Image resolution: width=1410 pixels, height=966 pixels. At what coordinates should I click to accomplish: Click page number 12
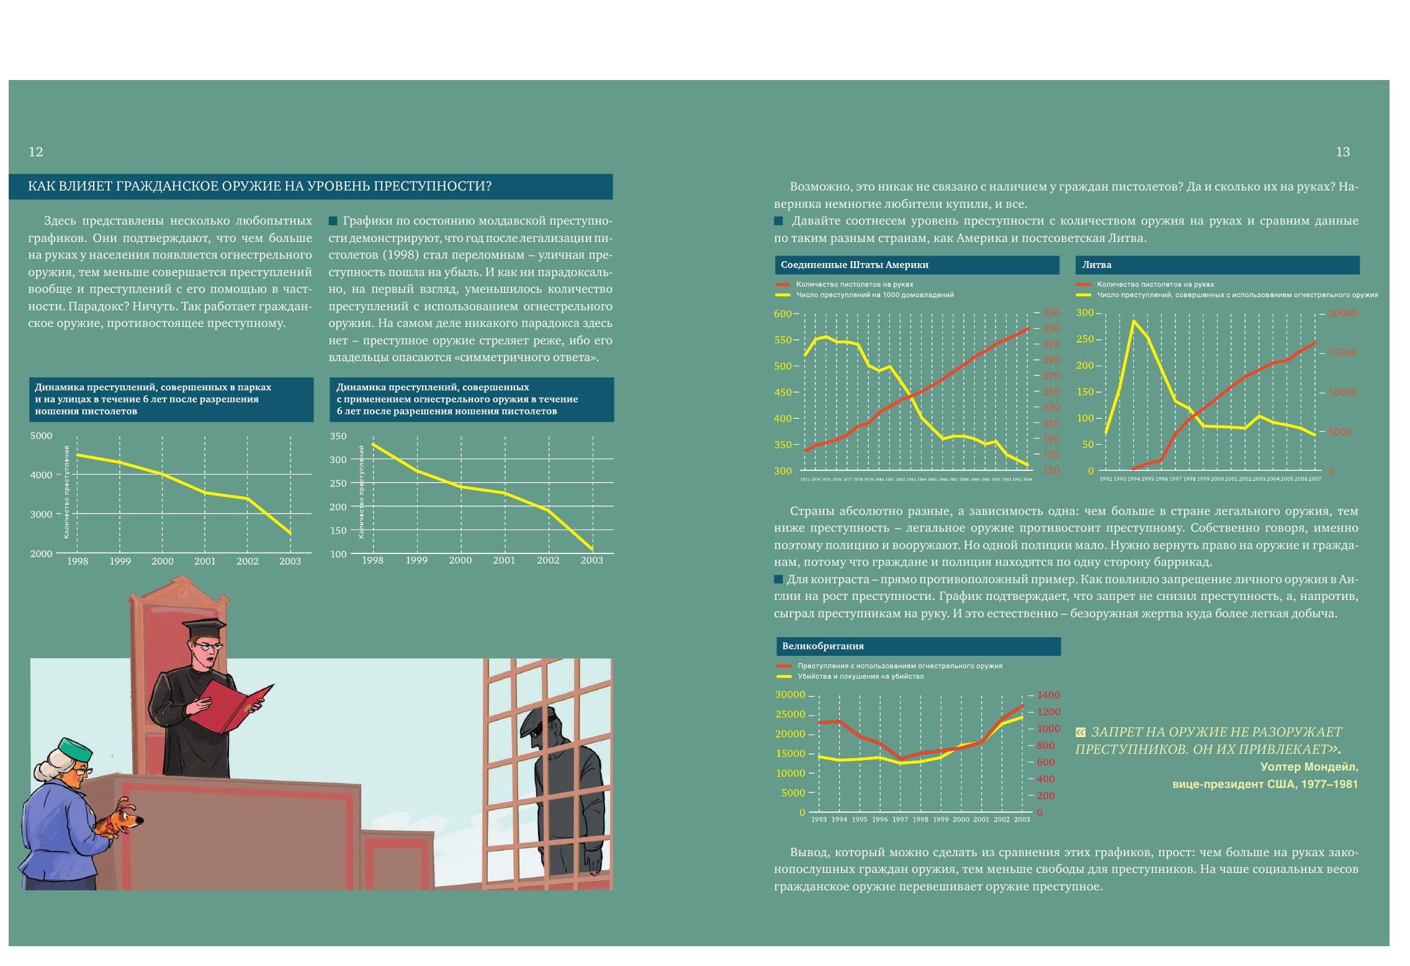36,152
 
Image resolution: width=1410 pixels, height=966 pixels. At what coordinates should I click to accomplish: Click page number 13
1342,152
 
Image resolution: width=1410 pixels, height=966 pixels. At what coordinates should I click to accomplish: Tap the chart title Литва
1097,265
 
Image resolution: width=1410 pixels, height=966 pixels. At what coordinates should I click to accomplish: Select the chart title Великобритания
822,646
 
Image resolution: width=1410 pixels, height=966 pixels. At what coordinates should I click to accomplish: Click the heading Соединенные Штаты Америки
854,265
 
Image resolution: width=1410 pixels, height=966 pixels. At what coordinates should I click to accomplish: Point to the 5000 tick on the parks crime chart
42,436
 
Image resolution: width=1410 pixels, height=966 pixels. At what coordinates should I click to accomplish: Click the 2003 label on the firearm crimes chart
591,560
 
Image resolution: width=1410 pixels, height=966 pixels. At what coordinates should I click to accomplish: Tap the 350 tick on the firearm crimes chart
338,436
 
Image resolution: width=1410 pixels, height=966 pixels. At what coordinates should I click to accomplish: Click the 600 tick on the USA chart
783,314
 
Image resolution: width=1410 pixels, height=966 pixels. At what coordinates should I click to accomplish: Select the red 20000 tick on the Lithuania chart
1342,313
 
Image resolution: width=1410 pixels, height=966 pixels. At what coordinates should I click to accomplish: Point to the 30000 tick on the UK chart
790,695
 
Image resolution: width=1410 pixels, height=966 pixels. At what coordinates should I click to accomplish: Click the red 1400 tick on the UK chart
1048,695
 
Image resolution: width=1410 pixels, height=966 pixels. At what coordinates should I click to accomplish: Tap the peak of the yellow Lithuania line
1134,321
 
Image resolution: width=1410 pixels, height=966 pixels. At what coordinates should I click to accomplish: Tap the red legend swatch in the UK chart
784,666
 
